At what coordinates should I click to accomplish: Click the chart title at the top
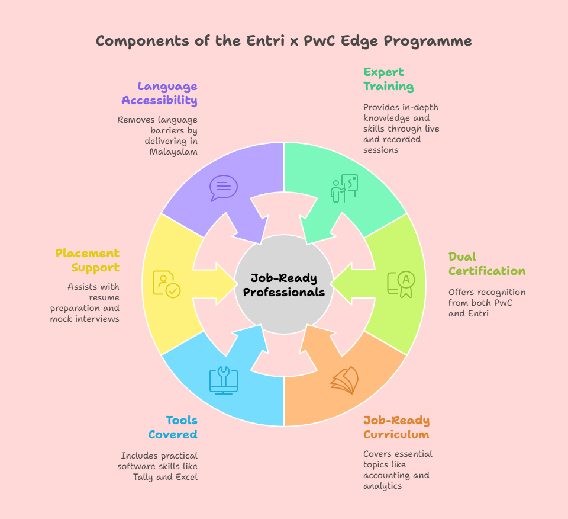pyautogui.click(x=284, y=41)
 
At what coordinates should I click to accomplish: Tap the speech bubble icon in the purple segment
pyautogui.click(x=223, y=187)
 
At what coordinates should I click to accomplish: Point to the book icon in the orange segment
pyautogui.click(x=344, y=380)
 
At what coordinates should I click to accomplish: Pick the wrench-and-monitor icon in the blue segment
pyautogui.click(x=223, y=380)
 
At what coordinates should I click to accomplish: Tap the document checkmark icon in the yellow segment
pyautogui.click(x=166, y=284)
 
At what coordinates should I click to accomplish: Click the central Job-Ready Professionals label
pyautogui.click(x=284, y=285)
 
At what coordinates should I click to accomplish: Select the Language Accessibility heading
pyautogui.click(x=160, y=93)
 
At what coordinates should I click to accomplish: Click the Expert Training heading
pyautogui.click(x=388, y=79)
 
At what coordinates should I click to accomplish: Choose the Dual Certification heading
pyautogui.click(x=486, y=264)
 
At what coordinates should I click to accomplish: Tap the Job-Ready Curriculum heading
pyautogui.click(x=396, y=427)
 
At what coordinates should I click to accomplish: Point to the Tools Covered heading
pyautogui.click(x=173, y=427)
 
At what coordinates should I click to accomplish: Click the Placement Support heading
pyautogui.click(x=88, y=260)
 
